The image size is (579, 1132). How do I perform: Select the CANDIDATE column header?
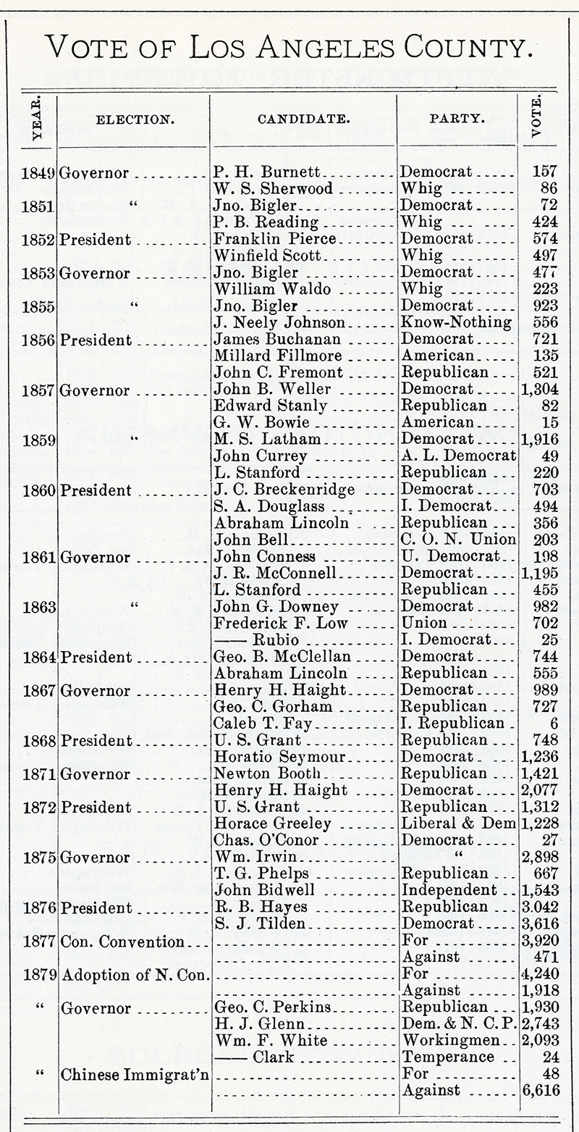[303, 119]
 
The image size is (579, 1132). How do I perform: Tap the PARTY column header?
[457, 118]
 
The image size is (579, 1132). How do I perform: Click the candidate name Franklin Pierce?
[275, 239]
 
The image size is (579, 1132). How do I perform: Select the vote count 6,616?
[540, 1091]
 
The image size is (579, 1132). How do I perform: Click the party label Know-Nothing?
[456, 322]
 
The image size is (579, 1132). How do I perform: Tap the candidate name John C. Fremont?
[279, 372]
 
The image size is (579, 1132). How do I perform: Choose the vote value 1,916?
[540, 440]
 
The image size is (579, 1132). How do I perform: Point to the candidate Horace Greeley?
[273, 823]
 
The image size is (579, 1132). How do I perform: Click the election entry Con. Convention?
[123, 941]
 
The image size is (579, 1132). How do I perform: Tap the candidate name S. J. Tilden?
[260, 923]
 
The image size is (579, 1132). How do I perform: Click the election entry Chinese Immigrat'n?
[135, 1074]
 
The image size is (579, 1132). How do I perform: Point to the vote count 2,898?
[540, 858]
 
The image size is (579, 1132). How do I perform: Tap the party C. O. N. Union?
[458, 540]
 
